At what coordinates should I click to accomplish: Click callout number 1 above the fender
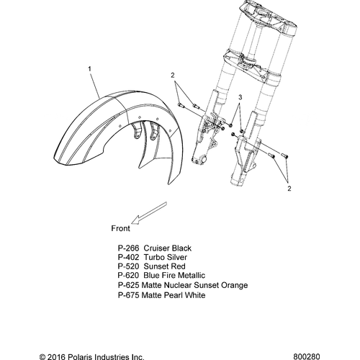[x=89, y=69]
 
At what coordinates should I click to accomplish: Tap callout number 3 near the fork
[x=240, y=97]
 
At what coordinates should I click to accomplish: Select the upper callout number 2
[x=173, y=76]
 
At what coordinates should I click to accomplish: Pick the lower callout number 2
[x=289, y=189]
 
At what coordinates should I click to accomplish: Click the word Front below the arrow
[x=120, y=228]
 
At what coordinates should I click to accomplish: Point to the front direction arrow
[x=149, y=213]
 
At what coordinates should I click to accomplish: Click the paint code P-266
[x=128, y=248]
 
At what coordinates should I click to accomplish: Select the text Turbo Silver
[x=166, y=257]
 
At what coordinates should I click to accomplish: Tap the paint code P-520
[x=128, y=266]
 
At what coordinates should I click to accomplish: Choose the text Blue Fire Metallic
[x=174, y=275]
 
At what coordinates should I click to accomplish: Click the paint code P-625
[x=128, y=285]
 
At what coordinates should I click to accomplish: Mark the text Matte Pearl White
[x=174, y=295]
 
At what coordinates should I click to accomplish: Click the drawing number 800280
[x=307, y=356]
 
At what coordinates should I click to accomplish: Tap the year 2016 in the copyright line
[x=56, y=357]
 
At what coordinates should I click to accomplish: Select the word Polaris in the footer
[x=80, y=357]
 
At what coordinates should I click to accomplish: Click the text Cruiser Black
[x=168, y=248]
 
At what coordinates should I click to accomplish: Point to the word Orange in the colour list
[x=234, y=285]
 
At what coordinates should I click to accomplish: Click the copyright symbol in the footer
[x=42, y=357]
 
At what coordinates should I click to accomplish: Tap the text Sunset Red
[x=165, y=266]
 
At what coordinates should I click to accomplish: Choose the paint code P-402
[x=128, y=257]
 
